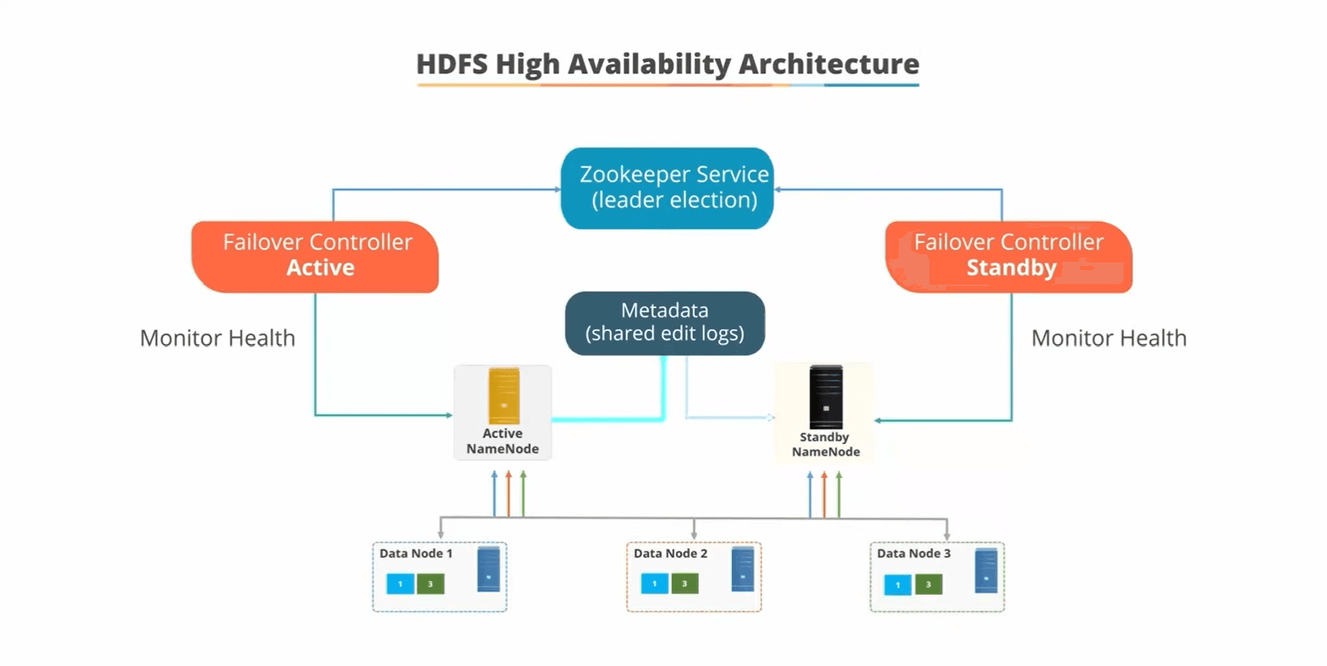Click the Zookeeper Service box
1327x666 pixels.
tap(667, 188)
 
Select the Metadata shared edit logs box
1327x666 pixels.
tap(665, 323)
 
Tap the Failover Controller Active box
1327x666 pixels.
tap(316, 256)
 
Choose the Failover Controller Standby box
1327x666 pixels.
tap(1009, 256)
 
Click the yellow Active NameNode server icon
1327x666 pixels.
tap(503, 396)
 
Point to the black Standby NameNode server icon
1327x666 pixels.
tap(826, 398)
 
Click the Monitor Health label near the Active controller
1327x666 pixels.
tap(217, 338)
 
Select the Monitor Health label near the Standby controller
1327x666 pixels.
tap(1109, 338)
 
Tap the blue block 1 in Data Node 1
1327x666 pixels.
tap(400, 584)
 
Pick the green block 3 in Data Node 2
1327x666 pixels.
tap(684, 584)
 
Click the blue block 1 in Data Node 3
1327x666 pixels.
tap(898, 585)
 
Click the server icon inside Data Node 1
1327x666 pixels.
tap(489, 569)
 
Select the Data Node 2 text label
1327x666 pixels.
tap(670, 553)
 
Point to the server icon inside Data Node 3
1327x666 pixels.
tap(986, 571)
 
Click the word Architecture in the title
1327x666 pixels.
tap(829, 64)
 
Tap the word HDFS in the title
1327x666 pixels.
tap(453, 64)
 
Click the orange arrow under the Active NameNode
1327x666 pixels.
tap(509, 494)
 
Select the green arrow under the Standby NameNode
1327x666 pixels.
tap(839, 495)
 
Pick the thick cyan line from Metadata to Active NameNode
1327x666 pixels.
tap(608, 419)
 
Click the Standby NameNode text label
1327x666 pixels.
tap(825, 444)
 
